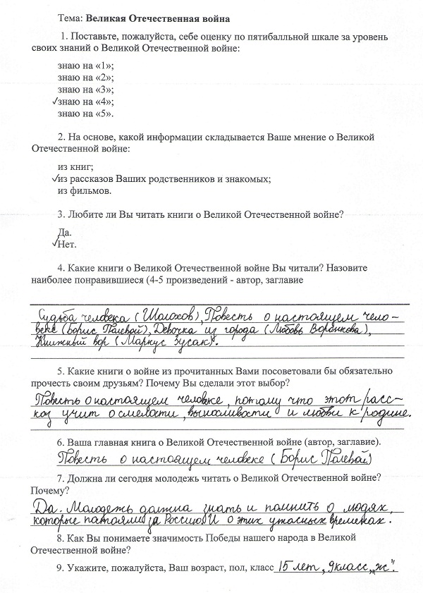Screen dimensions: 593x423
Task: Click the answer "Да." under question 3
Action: (64, 232)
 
